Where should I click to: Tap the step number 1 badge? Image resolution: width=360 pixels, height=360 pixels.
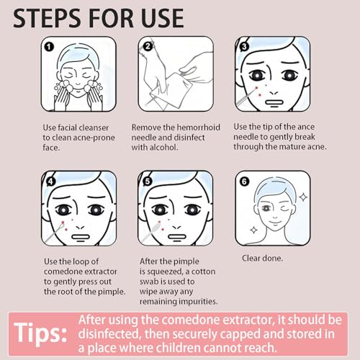click(50, 48)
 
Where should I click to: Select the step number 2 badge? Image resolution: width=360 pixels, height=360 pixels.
click(147, 48)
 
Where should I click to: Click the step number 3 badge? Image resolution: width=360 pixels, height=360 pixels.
click(244, 48)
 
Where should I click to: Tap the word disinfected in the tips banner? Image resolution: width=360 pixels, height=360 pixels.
click(118, 332)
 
